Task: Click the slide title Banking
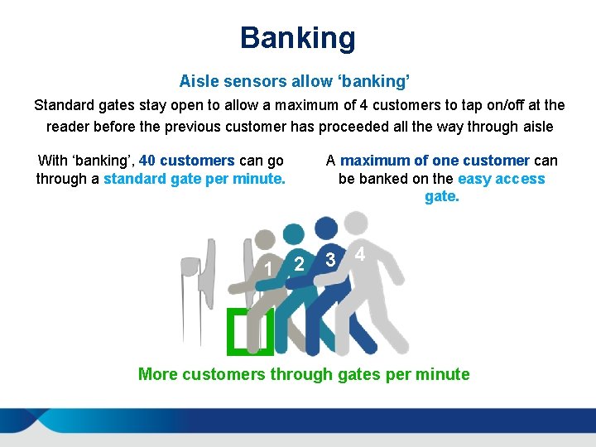point(298,38)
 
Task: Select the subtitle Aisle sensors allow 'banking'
point(296,81)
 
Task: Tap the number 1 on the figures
point(267,268)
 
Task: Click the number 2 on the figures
point(300,264)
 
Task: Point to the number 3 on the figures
point(330,260)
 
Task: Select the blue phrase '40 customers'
point(187,161)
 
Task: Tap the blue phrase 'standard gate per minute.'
point(195,179)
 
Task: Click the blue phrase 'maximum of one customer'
point(435,161)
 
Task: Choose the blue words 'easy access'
point(501,179)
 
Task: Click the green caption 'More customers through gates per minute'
point(304,374)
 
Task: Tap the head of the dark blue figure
point(325,228)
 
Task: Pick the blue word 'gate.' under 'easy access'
point(441,197)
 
